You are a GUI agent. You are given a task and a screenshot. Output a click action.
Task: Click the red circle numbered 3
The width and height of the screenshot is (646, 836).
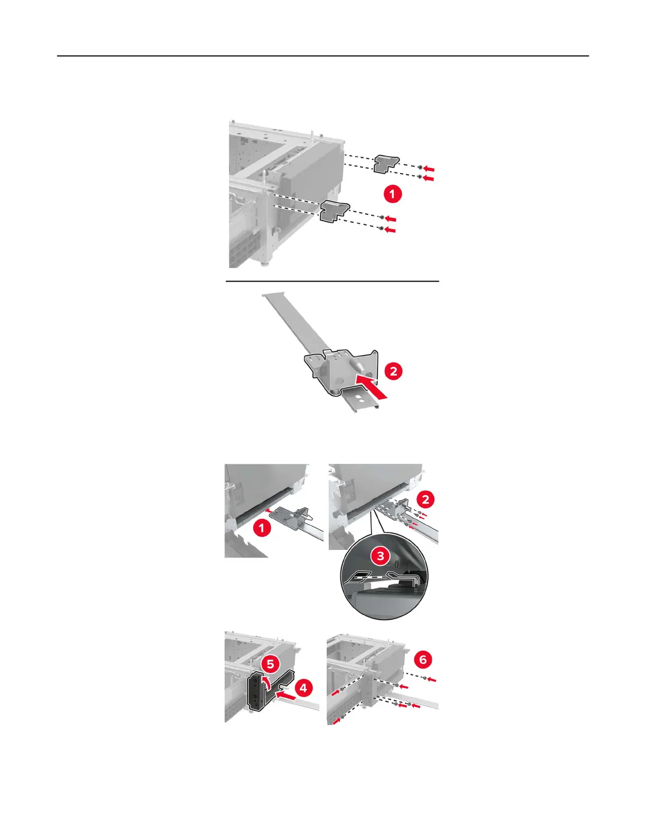tap(380, 556)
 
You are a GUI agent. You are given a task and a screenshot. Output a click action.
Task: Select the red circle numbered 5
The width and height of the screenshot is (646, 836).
tap(270, 664)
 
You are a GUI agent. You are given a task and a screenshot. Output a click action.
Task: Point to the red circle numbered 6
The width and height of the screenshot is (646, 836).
tap(423, 659)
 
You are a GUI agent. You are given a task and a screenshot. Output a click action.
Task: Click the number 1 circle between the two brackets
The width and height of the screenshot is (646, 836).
tap(392, 194)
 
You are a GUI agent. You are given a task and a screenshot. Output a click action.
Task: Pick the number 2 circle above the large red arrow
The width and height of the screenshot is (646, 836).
tap(393, 371)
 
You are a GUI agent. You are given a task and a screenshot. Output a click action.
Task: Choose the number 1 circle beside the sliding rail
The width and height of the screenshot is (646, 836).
tap(262, 528)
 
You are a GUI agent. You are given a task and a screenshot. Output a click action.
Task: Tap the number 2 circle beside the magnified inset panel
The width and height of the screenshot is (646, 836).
tap(425, 500)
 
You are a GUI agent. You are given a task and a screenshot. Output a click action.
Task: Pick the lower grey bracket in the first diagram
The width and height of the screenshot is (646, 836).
tap(335, 211)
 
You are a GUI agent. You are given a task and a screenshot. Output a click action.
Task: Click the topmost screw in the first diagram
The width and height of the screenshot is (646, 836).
tap(421, 167)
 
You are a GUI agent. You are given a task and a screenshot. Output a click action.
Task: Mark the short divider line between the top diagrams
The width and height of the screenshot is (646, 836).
tap(332, 281)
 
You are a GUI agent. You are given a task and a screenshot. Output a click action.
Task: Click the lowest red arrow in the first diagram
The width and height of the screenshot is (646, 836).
tap(390, 230)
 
